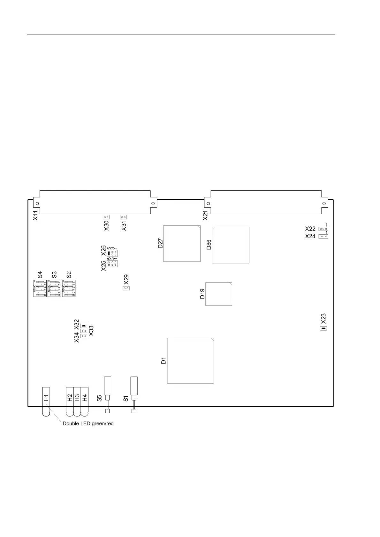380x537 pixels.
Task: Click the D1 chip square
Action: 190,360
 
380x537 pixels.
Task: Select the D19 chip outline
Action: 218,294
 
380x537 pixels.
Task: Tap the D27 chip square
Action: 182,244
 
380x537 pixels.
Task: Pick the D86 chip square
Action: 231,245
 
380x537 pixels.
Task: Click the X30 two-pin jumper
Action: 106,217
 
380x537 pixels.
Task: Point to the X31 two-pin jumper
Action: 123,217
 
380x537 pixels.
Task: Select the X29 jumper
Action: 126,288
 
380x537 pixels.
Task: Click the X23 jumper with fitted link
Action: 323,328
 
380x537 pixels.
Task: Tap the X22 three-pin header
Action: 323,229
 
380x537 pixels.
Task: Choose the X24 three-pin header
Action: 323,236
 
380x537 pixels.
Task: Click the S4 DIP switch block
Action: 40,288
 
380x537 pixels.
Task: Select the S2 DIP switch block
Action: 69,288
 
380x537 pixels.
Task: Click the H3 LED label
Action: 77,398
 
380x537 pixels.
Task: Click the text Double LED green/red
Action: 88,423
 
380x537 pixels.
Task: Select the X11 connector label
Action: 35,215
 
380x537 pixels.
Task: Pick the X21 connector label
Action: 206,215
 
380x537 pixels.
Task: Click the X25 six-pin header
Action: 112,264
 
